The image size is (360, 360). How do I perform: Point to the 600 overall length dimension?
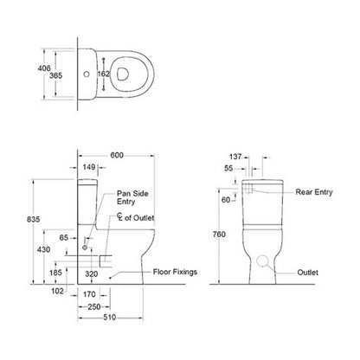click(x=118, y=156)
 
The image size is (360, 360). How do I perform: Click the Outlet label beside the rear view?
click(x=307, y=272)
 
